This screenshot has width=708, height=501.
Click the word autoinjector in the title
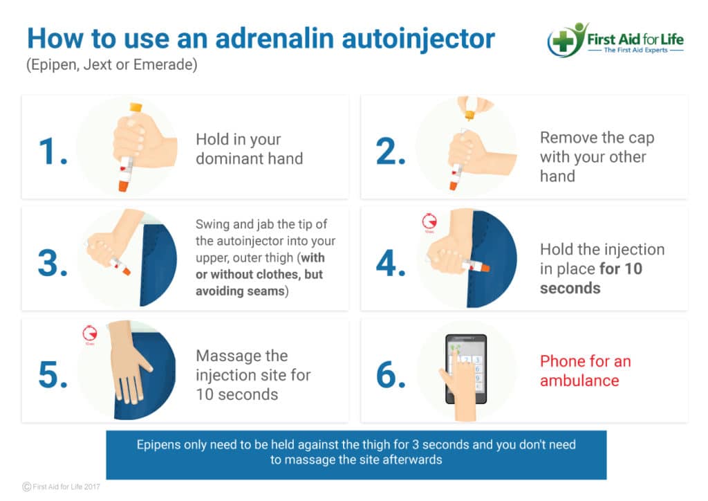coord(418,39)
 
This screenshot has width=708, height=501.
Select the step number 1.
coord(53,152)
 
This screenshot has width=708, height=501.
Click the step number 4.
coord(391,263)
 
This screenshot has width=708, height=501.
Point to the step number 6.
coord(391,375)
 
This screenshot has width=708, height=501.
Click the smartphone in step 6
coord(466,369)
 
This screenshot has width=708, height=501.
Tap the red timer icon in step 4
coord(429,221)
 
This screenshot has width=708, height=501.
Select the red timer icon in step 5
coord(90,334)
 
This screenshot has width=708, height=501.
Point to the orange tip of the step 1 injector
coord(123,185)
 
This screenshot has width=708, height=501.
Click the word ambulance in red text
coord(579,381)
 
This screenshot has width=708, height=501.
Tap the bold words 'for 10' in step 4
coord(621,268)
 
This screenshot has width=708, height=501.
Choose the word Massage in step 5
coord(241,356)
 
